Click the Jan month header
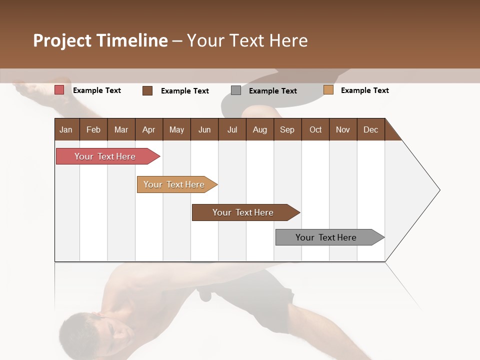click(x=66, y=129)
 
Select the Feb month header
click(x=93, y=129)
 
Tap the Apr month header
click(x=148, y=129)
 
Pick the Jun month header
click(x=204, y=129)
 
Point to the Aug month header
click(x=259, y=129)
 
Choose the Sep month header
click(x=287, y=129)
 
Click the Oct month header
click(x=315, y=129)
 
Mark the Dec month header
click(x=370, y=129)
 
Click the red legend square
click(x=59, y=90)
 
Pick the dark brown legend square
click(x=147, y=90)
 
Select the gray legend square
click(x=236, y=90)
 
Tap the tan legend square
click(x=328, y=90)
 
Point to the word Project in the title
click(x=62, y=40)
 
